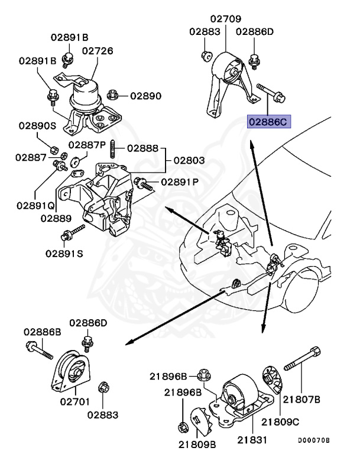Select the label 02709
(x=226, y=19)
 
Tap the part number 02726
(x=97, y=51)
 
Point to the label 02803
(x=189, y=160)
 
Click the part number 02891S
(x=64, y=254)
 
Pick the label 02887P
(x=87, y=145)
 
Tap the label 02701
(x=74, y=401)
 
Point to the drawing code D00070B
(x=314, y=440)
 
